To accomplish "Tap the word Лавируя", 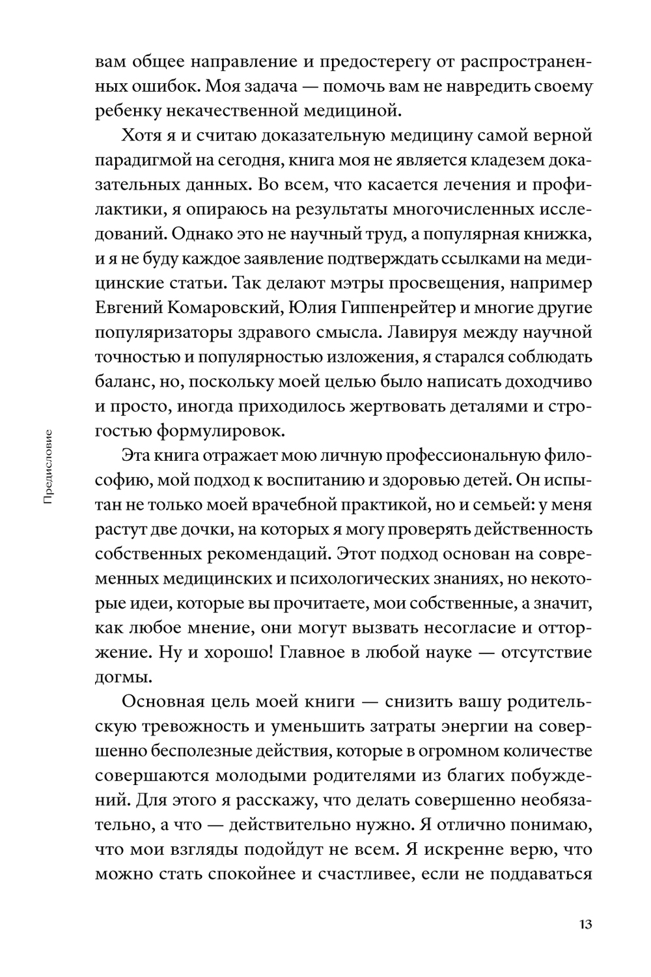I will click(423, 332).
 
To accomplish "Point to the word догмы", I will click(123, 677).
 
